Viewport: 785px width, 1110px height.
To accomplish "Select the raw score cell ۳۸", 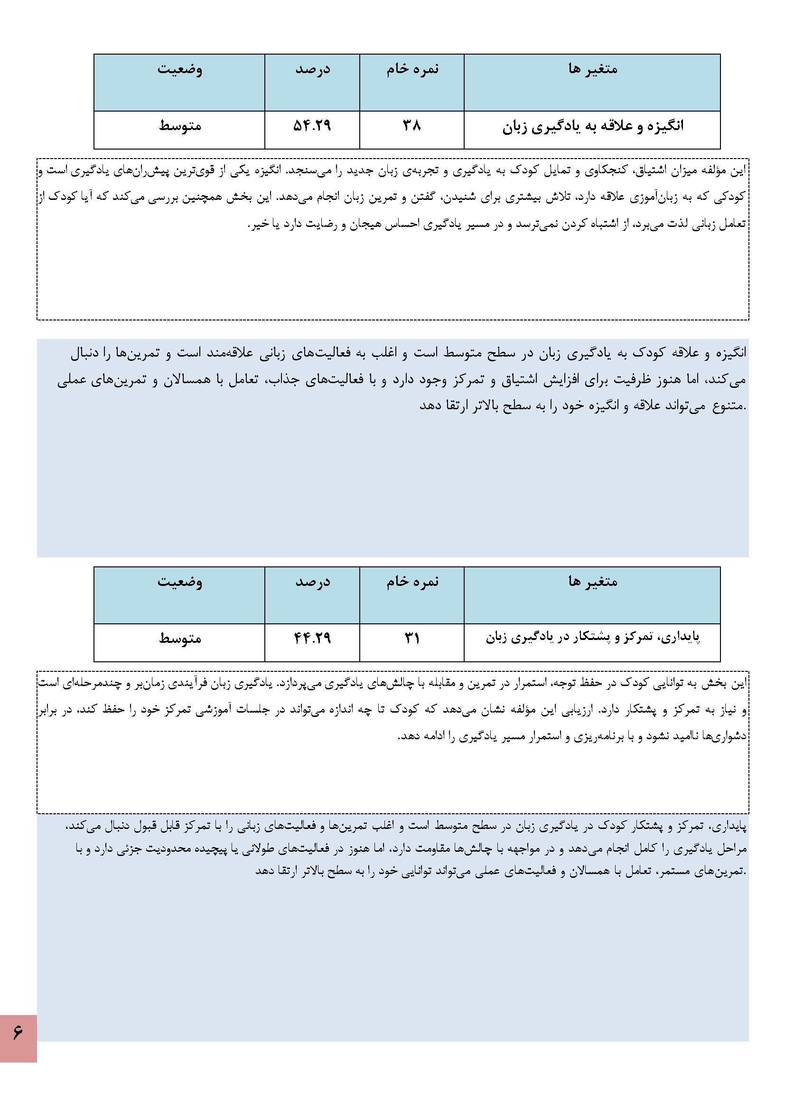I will click(x=412, y=126).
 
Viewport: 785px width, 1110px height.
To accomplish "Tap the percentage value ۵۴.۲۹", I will click(x=312, y=126).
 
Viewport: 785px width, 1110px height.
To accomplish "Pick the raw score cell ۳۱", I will click(x=412, y=639).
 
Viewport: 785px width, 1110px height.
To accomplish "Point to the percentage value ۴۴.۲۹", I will click(x=312, y=639).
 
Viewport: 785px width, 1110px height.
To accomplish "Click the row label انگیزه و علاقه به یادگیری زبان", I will click(x=593, y=127).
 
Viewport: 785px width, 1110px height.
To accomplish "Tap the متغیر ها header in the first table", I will click(x=593, y=69).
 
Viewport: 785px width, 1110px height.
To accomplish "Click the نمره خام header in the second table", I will click(x=412, y=582).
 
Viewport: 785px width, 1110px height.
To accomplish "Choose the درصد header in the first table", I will click(x=313, y=69).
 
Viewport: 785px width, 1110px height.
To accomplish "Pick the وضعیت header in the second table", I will click(x=180, y=582).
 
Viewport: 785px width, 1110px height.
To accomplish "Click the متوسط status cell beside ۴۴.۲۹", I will click(x=180, y=639).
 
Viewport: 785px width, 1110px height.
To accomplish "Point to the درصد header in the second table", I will click(x=313, y=582).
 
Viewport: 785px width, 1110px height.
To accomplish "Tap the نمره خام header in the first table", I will click(x=412, y=69).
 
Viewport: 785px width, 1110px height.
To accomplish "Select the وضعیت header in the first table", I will click(x=180, y=69).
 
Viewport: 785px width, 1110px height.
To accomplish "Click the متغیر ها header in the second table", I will click(x=593, y=582).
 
